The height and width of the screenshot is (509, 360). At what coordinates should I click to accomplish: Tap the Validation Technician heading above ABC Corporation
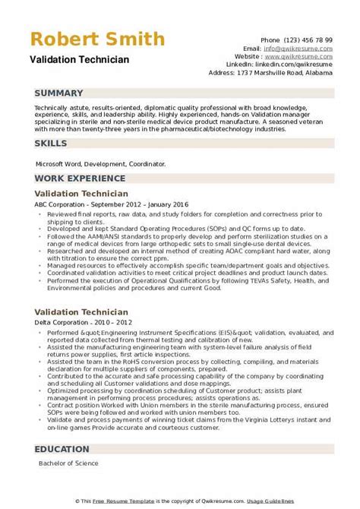[81, 194]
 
